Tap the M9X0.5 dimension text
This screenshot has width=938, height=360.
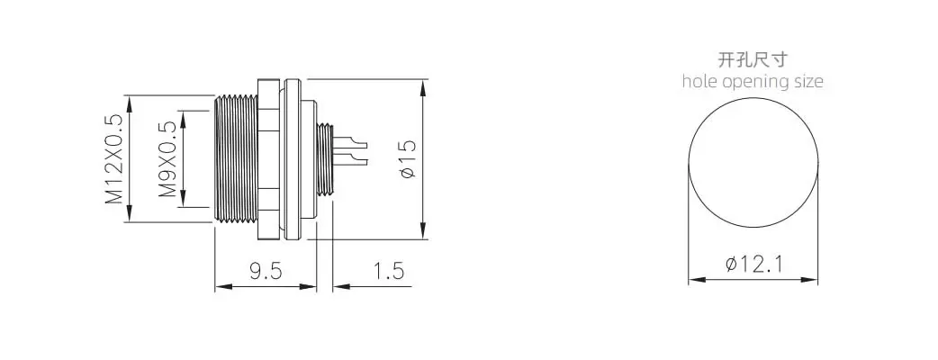[168, 159]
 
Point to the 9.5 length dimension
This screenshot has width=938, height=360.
[266, 271]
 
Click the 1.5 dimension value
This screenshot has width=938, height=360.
[388, 271]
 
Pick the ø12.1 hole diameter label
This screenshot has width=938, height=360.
[753, 264]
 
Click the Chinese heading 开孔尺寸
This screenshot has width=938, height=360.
[753, 59]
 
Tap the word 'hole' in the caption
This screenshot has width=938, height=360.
[700, 81]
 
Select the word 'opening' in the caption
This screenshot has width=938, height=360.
[756, 82]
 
